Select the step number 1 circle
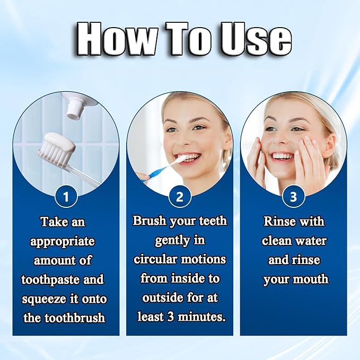coord(66,198)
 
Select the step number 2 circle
coord(180,198)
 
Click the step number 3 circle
coord(293,198)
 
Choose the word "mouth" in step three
coord(310,279)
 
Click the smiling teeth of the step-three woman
coord(283,156)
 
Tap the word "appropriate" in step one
coord(63,241)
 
